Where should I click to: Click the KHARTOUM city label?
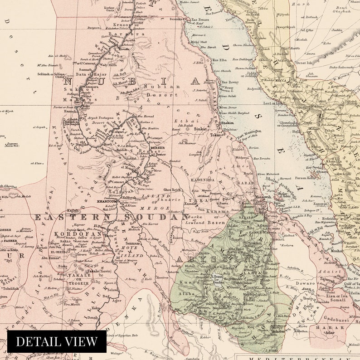coord(107,202)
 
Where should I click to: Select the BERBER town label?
coord(158,148)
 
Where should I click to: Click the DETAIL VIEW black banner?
coord(57,341)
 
